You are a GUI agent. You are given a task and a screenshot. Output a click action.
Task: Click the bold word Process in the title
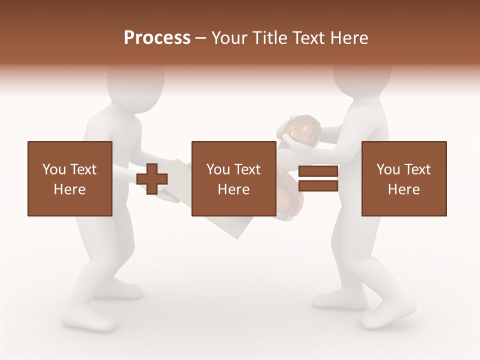pos(157,37)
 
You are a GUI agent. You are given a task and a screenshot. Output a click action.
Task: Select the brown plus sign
pos(152,179)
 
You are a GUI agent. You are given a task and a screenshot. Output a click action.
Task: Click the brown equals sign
pos(318,178)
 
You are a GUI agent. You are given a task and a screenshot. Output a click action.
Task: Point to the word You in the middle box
pos(218,169)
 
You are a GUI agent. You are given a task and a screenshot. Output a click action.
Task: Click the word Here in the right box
pos(403,189)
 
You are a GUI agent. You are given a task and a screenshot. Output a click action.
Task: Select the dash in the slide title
pos(201,38)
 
